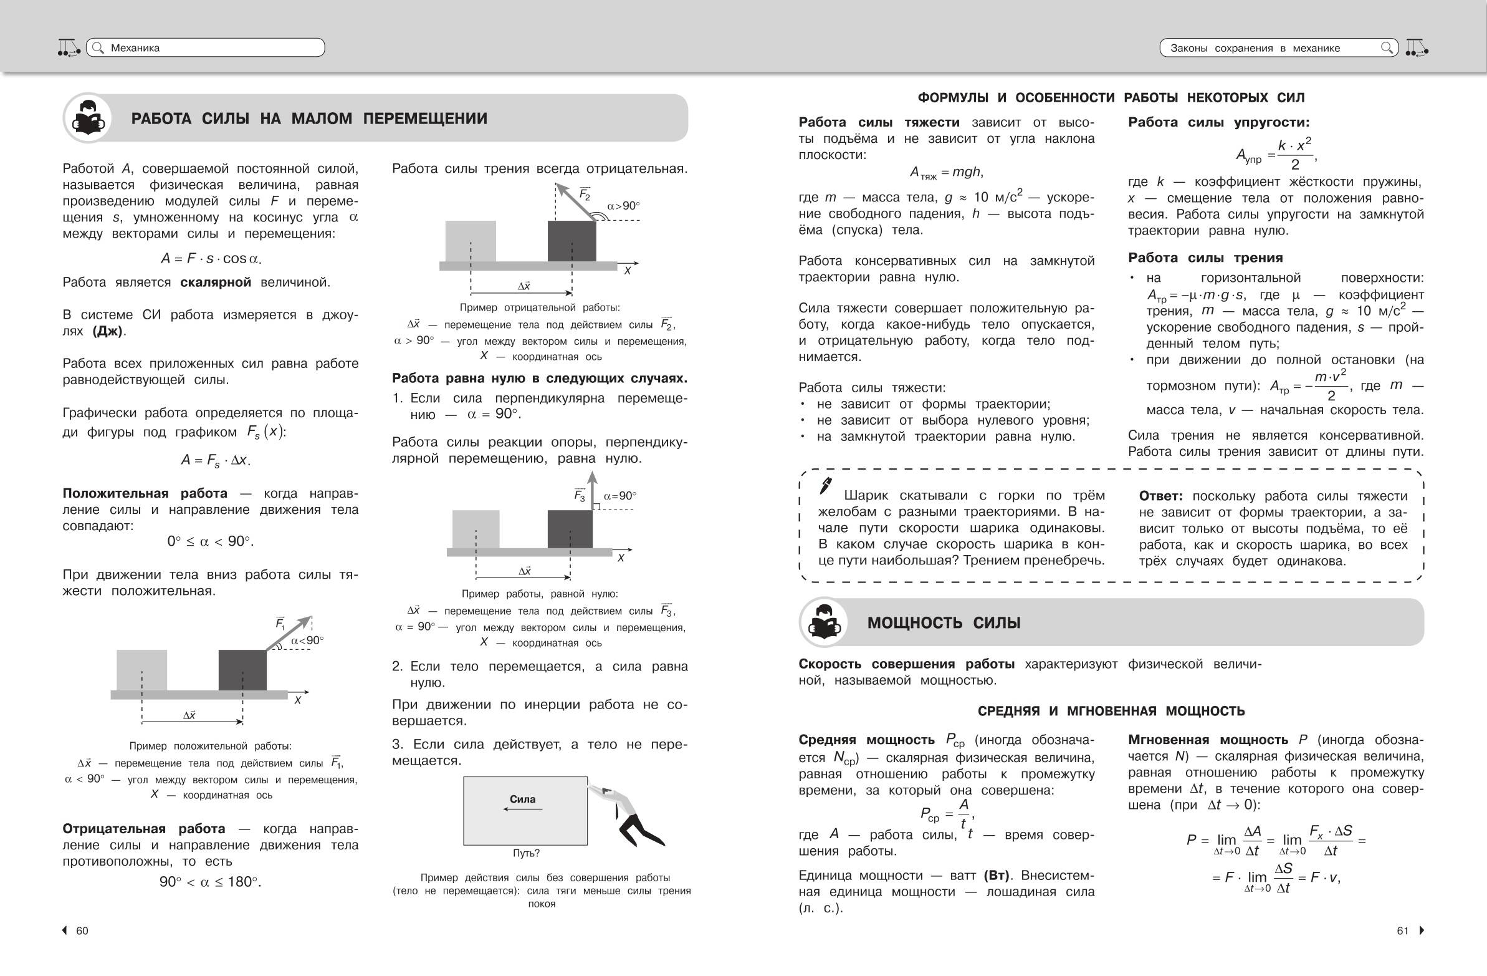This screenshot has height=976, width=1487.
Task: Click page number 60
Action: tap(82, 931)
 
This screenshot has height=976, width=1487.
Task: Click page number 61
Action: tap(1403, 931)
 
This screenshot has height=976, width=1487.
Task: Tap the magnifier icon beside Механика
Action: tap(97, 47)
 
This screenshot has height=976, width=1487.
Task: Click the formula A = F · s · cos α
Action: tap(211, 258)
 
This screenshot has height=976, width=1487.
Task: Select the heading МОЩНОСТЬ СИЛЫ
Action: tap(944, 623)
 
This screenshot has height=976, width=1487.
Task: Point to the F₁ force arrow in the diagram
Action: tap(289, 634)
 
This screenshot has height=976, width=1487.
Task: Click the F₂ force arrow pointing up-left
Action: tap(575, 201)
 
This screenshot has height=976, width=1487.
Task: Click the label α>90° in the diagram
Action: tap(624, 206)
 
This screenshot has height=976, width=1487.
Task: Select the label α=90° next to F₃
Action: tap(620, 496)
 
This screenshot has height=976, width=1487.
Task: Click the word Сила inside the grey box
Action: tap(522, 799)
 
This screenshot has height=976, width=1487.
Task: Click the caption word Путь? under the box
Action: tap(526, 853)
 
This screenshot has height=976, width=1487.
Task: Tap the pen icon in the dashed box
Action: tap(826, 485)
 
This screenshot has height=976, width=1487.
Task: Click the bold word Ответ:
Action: tap(1160, 496)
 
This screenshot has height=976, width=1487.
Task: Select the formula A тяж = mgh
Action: tap(946, 172)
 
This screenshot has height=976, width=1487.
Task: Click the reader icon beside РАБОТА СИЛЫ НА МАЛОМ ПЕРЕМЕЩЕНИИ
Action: tap(87, 118)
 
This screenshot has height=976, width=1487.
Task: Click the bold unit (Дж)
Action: tap(107, 331)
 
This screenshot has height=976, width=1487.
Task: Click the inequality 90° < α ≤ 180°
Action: tap(210, 882)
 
